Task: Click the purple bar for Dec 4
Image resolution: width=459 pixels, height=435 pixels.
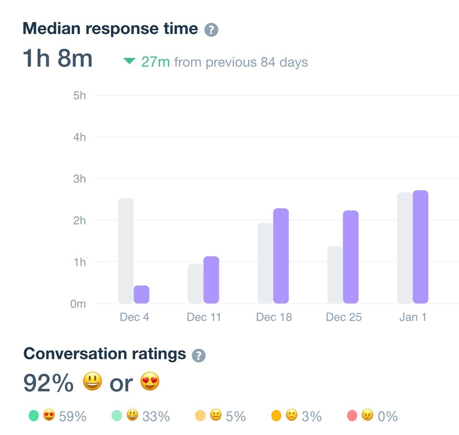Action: tap(142, 294)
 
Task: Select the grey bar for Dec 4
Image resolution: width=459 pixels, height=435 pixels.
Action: tap(126, 251)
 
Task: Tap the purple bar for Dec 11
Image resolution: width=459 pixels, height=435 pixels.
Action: tap(211, 280)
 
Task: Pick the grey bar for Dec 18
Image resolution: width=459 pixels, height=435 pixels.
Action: tap(265, 263)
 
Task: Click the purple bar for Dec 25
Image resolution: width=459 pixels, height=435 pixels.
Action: tap(350, 257)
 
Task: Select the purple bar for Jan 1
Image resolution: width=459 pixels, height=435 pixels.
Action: tap(420, 247)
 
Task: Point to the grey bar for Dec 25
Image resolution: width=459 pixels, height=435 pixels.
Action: tap(335, 275)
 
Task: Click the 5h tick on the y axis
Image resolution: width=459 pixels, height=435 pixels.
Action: tap(80, 96)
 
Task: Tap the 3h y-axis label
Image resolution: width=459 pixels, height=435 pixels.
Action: tap(80, 178)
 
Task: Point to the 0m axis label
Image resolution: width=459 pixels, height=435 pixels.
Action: tap(78, 304)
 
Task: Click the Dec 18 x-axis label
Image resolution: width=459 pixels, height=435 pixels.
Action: tap(274, 317)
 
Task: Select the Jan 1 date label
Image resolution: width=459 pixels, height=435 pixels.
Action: tap(413, 317)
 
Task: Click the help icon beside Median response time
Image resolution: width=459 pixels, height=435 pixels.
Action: tap(211, 30)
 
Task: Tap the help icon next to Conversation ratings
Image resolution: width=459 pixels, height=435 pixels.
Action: tap(199, 356)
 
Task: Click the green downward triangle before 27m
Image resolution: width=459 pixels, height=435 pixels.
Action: tap(129, 61)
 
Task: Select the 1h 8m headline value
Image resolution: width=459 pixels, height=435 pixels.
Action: tap(58, 58)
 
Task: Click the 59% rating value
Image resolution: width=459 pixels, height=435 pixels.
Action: tap(73, 416)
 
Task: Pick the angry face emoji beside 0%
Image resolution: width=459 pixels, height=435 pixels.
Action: tap(367, 415)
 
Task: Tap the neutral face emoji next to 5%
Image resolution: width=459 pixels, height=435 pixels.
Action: tap(216, 415)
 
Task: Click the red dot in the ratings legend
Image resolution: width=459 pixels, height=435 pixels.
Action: tap(352, 416)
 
